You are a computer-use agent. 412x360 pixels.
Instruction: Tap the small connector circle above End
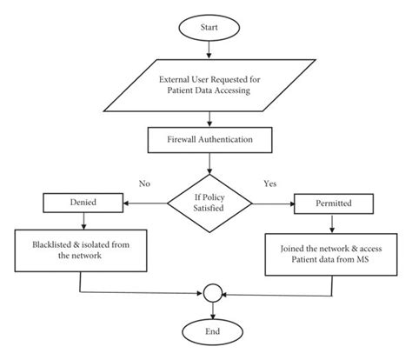click(x=210, y=294)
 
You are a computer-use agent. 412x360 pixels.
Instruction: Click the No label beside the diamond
click(x=145, y=183)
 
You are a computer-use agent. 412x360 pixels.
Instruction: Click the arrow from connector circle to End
click(x=210, y=310)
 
